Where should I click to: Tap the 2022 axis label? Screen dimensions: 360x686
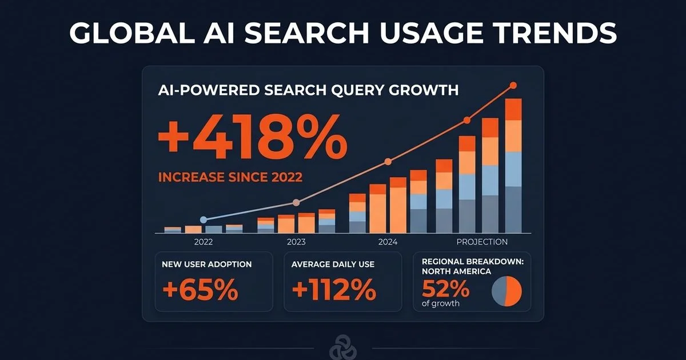[204, 242]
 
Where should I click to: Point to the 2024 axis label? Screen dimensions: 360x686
[388, 242]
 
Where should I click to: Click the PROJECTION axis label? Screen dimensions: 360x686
[482, 242]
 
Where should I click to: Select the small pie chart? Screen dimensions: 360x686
[507, 290]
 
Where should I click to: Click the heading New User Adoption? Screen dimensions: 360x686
[207, 265]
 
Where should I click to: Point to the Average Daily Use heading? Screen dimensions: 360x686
[333, 265]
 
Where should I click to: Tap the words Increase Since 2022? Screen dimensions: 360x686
[230, 177]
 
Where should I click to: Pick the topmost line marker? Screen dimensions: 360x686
[513, 86]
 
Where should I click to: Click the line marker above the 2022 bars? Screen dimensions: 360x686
[204, 219]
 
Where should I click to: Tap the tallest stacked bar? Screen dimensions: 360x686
[513, 166]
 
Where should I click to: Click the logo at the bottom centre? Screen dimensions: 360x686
[342, 349]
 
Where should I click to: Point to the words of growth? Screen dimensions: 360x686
[440, 303]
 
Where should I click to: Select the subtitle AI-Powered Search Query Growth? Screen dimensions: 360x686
[308, 90]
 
